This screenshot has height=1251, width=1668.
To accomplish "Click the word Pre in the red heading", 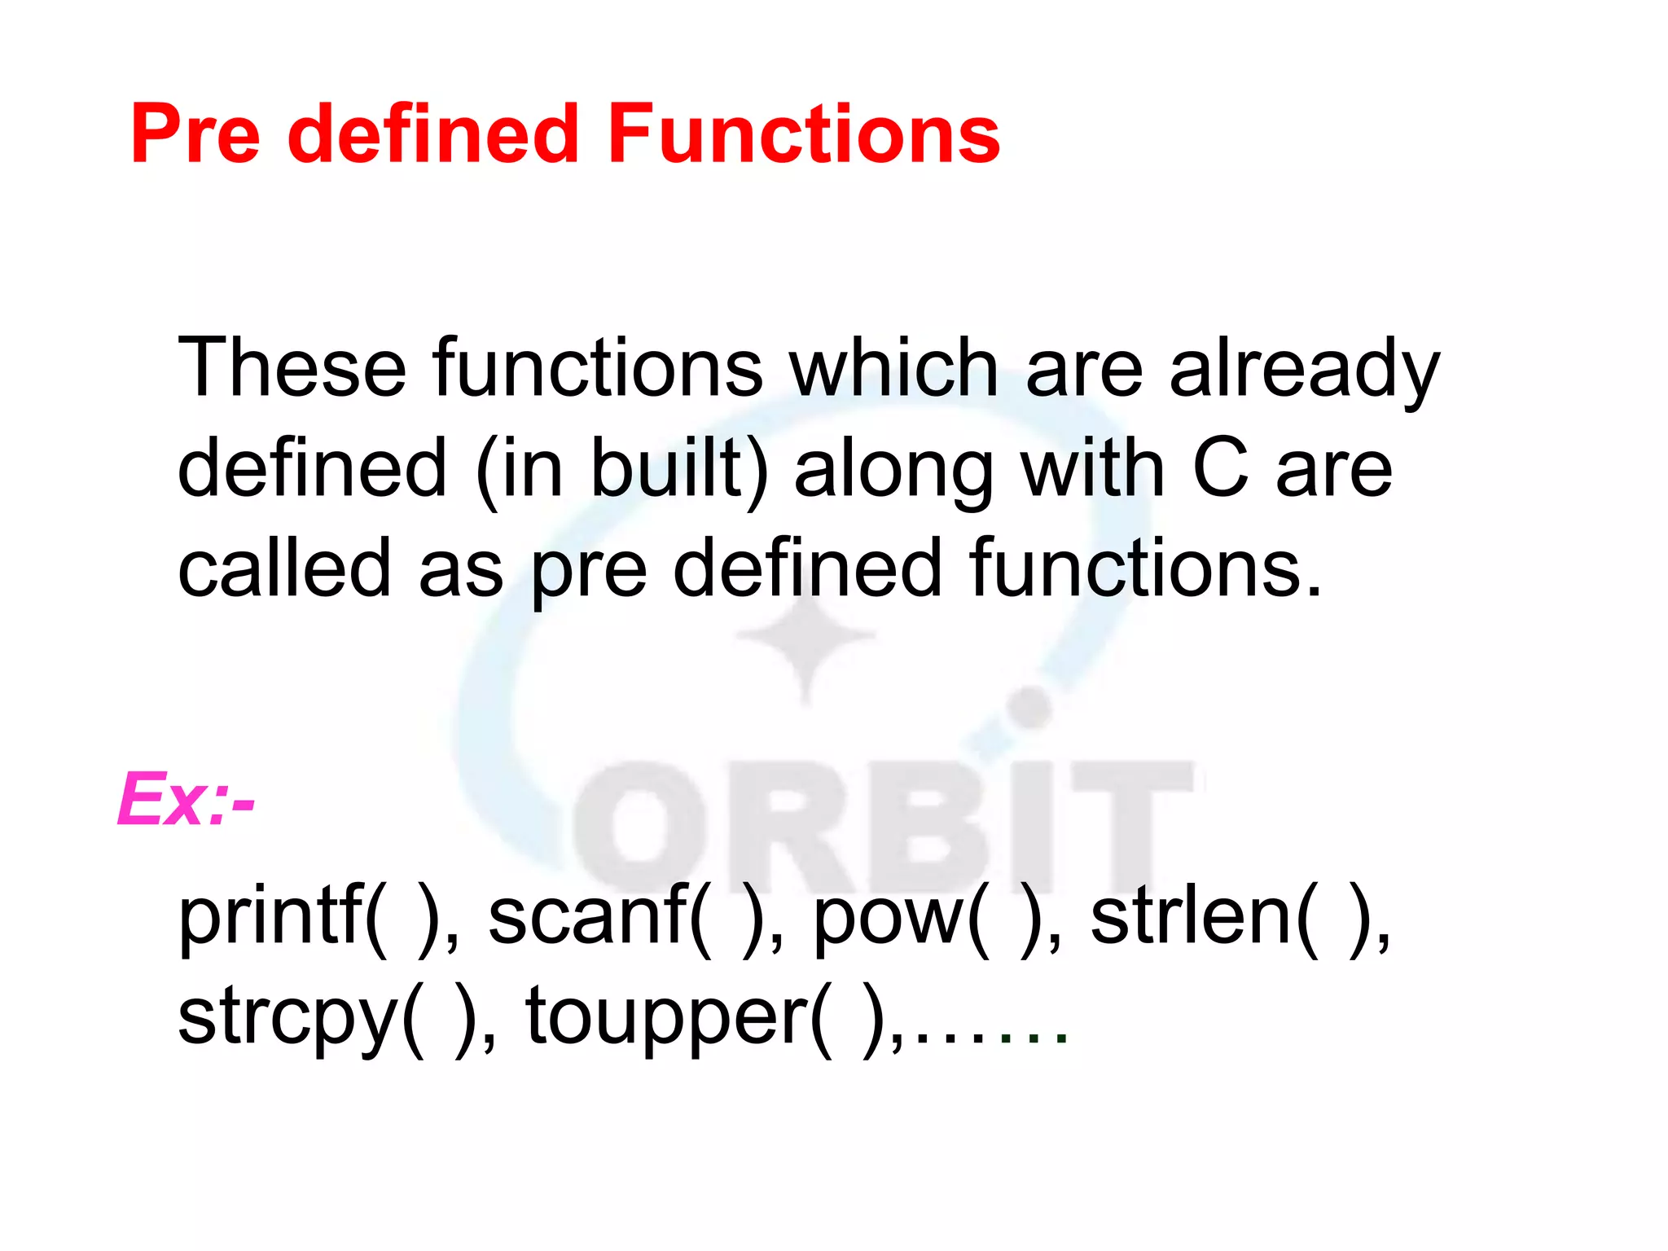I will click(195, 134).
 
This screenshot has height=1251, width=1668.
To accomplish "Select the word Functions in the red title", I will click(804, 134).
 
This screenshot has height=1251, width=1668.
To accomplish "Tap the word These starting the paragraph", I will click(292, 368).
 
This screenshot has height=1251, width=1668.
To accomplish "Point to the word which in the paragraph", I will click(893, 368).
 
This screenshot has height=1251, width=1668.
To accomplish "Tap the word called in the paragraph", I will click(284, 568).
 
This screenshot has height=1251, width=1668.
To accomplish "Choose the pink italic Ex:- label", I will click(186, 800).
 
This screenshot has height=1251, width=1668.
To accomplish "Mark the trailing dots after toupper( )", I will click(990, 1038).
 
